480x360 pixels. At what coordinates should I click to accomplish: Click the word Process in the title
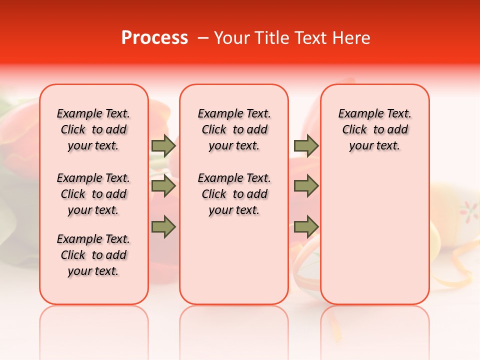[x=154, y=38]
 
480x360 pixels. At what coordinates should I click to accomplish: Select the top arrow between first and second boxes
[x=163, y=145]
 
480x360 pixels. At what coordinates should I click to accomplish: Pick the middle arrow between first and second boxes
[x=163, y=186]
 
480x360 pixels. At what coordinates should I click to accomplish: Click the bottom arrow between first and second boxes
[x=163, y=227]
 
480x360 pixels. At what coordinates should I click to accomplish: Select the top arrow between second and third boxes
[x=306, y=145]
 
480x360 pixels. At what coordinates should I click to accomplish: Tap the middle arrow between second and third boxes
[x=306, y=186]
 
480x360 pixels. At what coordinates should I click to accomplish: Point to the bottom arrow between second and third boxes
[x=306, y=227]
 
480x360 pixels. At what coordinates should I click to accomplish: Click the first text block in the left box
[x=93, y=129]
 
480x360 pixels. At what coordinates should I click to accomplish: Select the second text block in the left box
[x=93, y=194]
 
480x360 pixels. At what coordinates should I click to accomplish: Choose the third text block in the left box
[x=93, y=255]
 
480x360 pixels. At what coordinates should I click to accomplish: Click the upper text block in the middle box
[x=234, y=129]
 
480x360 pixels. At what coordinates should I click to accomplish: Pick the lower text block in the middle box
[x=234, y=194]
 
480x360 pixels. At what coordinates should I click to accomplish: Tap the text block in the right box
[x=374, y=129]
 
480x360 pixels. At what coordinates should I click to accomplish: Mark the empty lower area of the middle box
[x=234, y=260]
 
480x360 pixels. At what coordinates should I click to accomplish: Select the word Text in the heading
[x=310, y=38]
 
